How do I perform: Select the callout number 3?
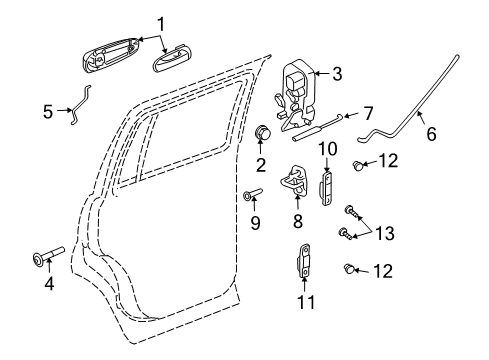tap(337, 72)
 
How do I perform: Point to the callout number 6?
tap(431, 133)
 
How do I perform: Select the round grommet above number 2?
tap(265, 132)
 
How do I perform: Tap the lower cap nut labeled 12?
tap(351, 267)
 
